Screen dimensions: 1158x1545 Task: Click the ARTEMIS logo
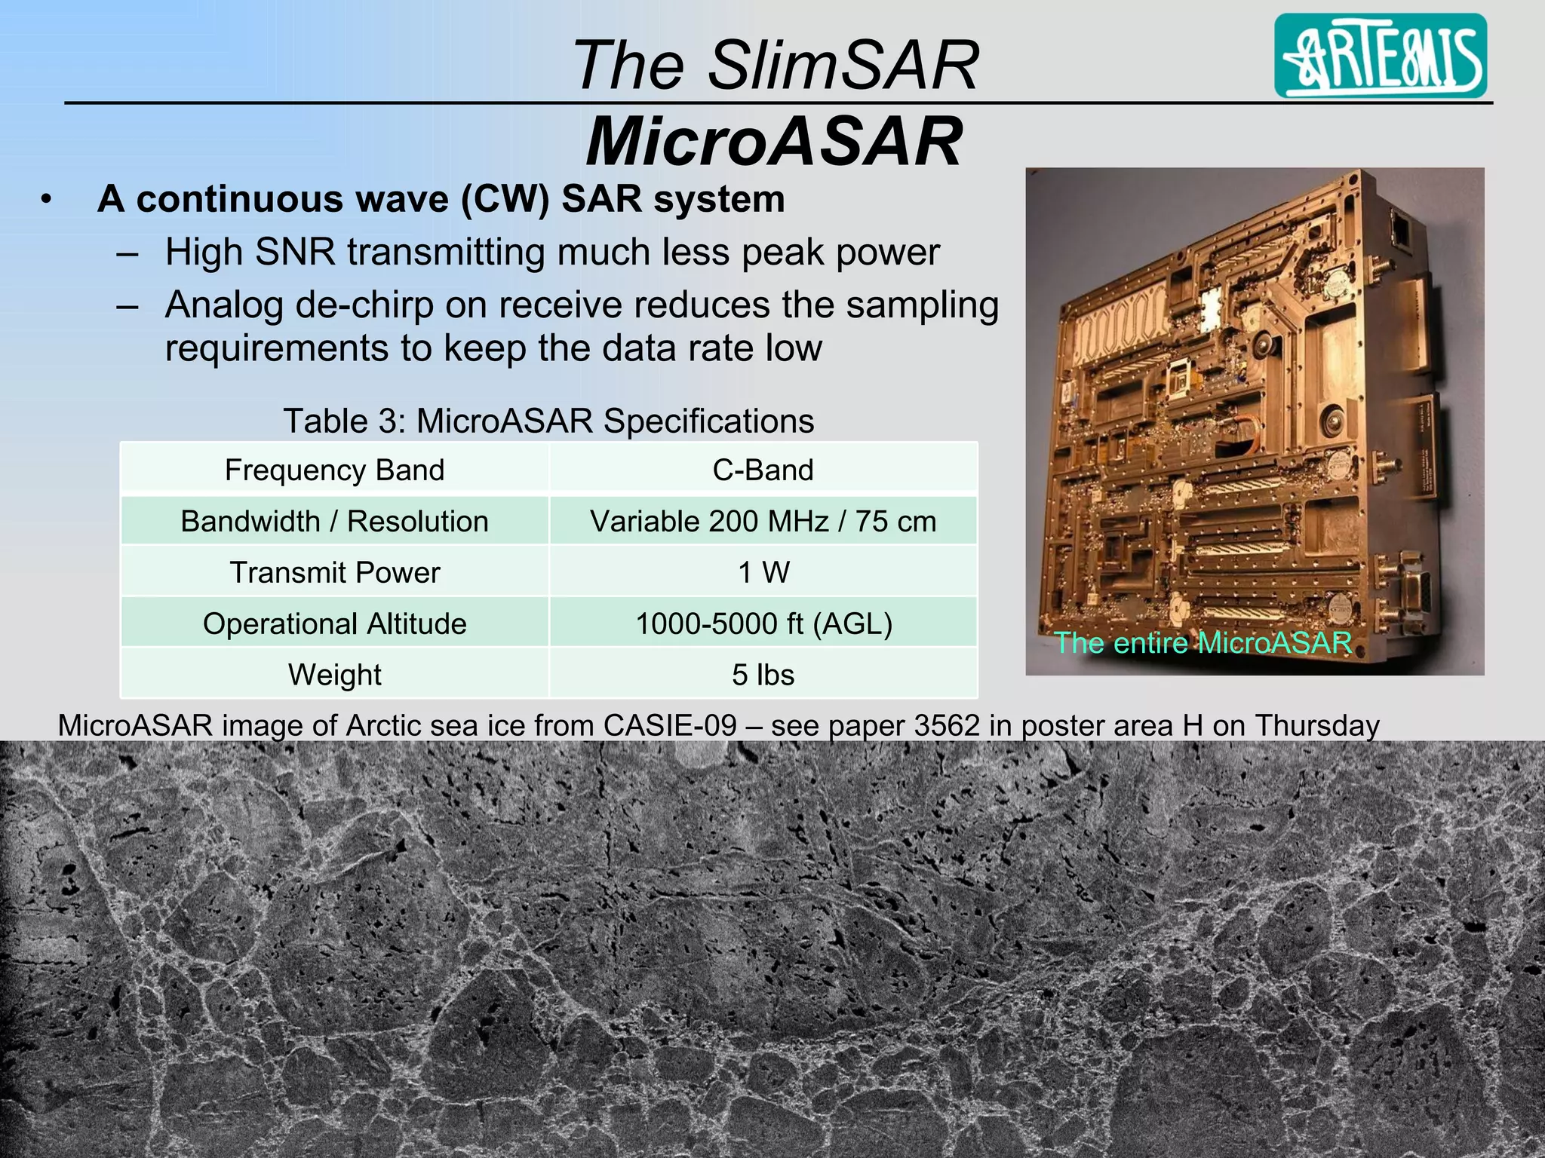(1380, 56)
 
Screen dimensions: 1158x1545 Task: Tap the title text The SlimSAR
(775, 65)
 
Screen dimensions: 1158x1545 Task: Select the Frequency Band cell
(334, 470)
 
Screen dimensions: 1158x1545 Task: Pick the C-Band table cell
(763, 470)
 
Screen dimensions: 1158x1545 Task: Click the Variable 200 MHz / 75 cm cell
(763, 521)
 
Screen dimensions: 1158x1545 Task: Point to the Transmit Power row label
(334, 572)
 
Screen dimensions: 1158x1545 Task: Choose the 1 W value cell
(763, 572)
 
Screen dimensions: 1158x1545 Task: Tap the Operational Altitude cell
(334, 623)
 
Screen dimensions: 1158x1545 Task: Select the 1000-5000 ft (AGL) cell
(763, 623)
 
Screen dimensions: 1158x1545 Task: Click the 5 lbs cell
(763, 674)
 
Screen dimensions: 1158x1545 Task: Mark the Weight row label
(334, 674)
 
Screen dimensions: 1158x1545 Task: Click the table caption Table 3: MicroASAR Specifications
(548, 421)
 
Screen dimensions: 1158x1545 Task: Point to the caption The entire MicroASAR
(1203, 642)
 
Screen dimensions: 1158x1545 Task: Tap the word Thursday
(1316, 725)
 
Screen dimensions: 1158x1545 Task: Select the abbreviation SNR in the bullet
(295, 252)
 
